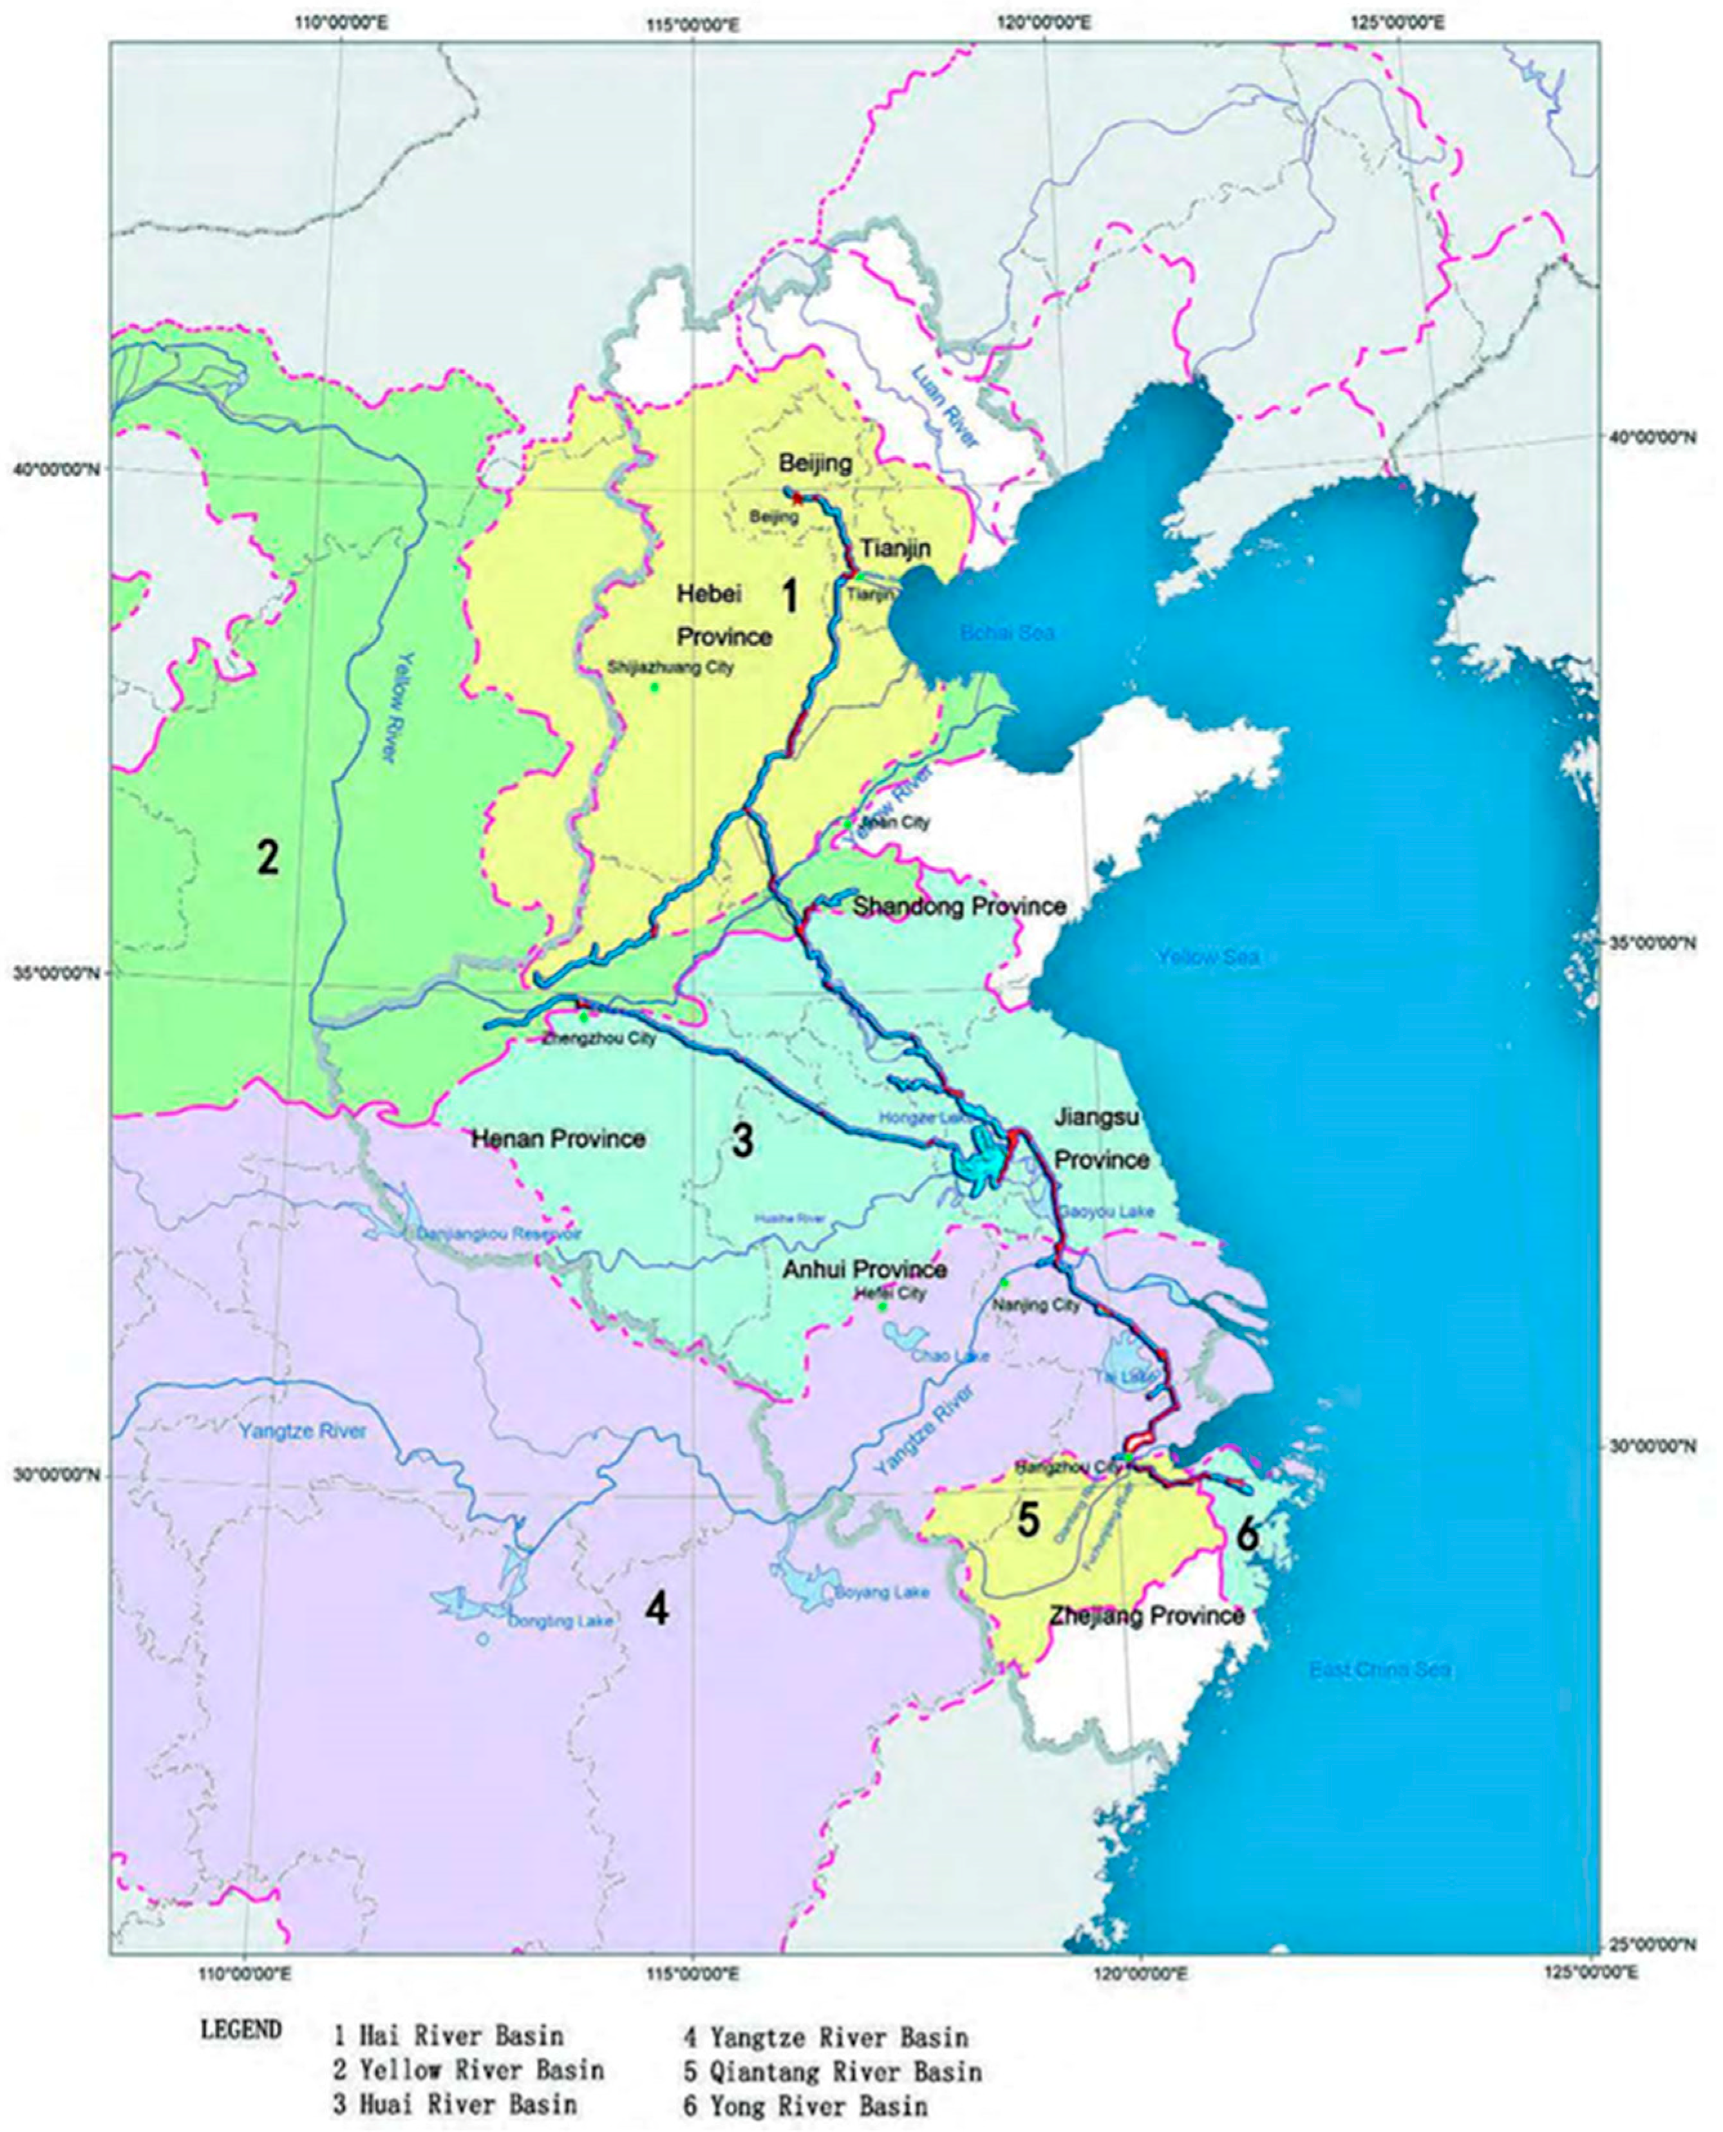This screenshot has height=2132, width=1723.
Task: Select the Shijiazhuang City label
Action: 671,667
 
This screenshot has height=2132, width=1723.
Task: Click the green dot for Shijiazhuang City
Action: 654,687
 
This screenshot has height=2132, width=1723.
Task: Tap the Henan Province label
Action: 557,1138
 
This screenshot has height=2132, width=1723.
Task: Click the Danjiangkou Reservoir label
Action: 499,1234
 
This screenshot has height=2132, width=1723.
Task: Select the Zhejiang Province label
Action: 1146,1616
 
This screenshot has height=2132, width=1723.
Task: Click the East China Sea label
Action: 1380,1670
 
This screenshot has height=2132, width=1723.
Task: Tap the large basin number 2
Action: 267,856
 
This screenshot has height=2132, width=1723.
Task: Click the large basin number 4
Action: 656,1609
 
